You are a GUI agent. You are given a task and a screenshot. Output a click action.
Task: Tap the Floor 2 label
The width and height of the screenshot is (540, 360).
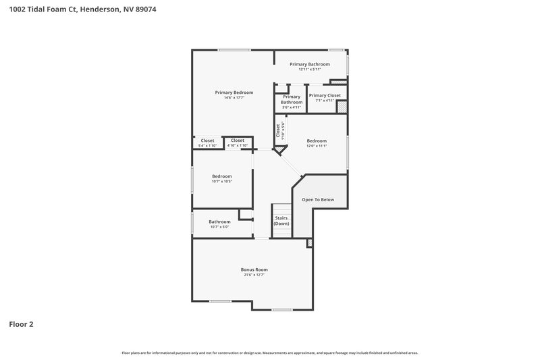(x=21, y=324)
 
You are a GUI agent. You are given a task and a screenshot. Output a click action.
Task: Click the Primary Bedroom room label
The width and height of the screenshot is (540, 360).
(x=234, y=93)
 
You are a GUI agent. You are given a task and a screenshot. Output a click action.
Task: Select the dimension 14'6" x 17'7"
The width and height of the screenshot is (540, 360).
(x=234, y=98)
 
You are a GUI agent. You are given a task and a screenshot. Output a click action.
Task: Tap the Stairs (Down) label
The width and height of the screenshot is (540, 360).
(x=281, y=220)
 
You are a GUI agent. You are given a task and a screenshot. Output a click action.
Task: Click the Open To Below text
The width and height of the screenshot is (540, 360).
(x=317, y=200)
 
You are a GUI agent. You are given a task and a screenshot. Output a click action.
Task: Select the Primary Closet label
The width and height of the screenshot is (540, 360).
(x=325, y=95)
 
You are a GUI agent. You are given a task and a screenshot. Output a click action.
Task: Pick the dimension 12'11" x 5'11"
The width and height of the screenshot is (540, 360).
(x=310, y=70)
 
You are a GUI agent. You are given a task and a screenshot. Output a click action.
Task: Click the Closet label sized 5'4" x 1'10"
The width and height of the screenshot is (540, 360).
(x=207, y=140)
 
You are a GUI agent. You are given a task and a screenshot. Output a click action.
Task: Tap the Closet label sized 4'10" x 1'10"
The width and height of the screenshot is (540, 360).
(x=237, y=140)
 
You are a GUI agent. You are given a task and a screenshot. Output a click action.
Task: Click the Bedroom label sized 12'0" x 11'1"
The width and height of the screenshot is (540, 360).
(x=317, y=140)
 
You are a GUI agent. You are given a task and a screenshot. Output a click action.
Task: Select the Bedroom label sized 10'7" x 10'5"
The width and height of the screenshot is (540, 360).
(x=222, y=176)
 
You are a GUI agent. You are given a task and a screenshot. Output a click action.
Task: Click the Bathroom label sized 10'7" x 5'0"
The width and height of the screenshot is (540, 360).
(x=219, y=222)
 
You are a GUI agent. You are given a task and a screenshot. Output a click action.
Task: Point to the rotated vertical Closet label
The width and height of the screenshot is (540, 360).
(x=277, y=129)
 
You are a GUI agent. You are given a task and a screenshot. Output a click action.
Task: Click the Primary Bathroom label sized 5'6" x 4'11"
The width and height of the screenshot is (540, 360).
(x=292, y=99)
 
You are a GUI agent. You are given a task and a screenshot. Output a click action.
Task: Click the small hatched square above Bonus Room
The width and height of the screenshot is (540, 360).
(x=310, y=242)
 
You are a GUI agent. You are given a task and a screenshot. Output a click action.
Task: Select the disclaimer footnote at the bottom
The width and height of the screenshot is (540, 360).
(x=270, y=353)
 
